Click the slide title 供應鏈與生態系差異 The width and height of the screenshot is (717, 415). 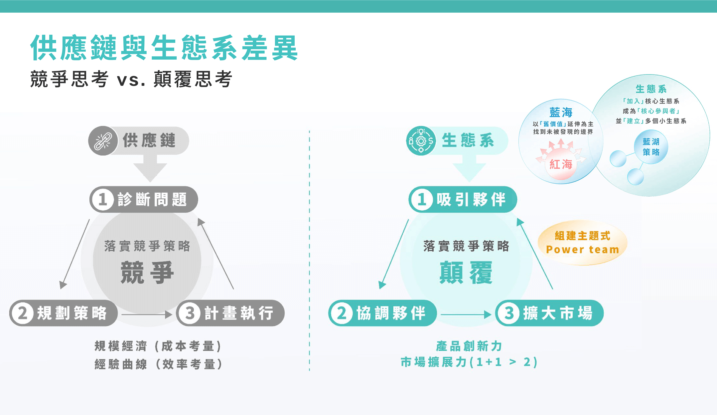tap(164, 48)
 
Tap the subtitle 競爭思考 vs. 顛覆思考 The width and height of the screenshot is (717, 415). tap(131, 79)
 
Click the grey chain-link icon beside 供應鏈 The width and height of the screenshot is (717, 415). tap(103, 141)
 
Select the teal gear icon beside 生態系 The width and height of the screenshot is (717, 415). tap(421, 141)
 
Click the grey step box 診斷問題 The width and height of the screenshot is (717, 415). tap(144, 199)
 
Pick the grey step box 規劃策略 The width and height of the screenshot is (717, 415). tap(64, 313)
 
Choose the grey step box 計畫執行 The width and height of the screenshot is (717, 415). tap(230, 313)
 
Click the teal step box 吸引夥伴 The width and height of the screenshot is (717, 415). tap(463, 199)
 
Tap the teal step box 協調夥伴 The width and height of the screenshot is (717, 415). tap(382, 313)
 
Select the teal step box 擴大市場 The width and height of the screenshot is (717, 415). tap(549, 313)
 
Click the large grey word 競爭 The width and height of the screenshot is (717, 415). tap(147, 273)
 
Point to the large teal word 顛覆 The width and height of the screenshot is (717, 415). tap(466, 273)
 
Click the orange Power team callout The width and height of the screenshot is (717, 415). tap(582, 243)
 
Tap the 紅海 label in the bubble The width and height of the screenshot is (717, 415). tap(561, 164)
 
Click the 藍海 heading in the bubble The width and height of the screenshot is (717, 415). tap(561, 112)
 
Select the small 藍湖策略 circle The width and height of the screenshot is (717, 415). tap(651, 147)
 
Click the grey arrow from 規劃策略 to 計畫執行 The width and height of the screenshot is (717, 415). tap(146, 314)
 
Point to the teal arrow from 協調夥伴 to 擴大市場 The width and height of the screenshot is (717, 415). tap(466, 314)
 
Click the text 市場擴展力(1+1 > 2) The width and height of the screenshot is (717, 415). tap(469, 362)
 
